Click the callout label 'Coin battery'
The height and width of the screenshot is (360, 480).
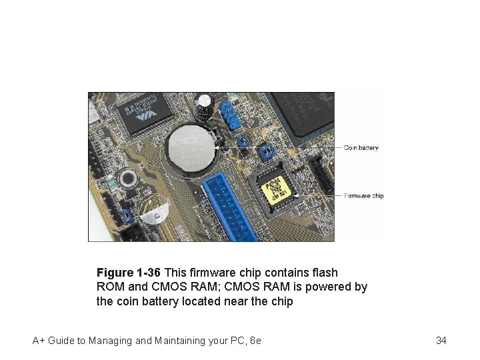pos(361,148)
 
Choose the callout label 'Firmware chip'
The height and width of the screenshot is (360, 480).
pos(364,196)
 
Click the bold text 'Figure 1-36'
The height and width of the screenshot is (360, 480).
pos(129,273)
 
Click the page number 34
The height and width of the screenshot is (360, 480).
pos(441,341)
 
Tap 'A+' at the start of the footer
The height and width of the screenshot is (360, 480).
pos(39,341)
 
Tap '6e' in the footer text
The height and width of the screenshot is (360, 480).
pos(255,341)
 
